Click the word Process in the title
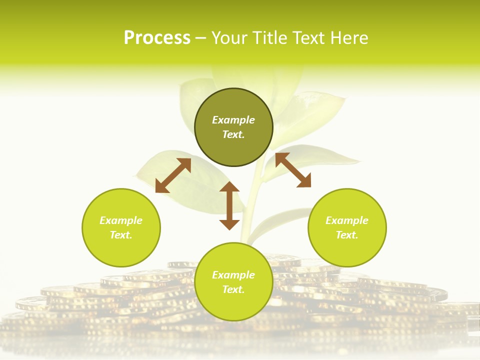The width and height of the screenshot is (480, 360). pos(157,38)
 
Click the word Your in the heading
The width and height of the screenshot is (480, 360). pos(230,38)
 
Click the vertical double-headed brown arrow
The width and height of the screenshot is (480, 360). pos(229,206)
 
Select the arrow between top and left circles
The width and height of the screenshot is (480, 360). pos(173,175)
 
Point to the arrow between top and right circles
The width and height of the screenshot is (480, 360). pos(293,170)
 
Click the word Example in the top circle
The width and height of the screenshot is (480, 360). pos(233,120)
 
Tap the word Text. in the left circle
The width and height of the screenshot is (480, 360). pos(121,235)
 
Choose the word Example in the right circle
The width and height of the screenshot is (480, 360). pos(347,220)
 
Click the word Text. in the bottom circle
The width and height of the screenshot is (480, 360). pos(233,289)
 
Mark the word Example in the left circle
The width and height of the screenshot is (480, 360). pos(121,220)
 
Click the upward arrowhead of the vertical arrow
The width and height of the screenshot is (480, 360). pos(229,187)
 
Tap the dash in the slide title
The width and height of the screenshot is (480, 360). pos(200,38)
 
